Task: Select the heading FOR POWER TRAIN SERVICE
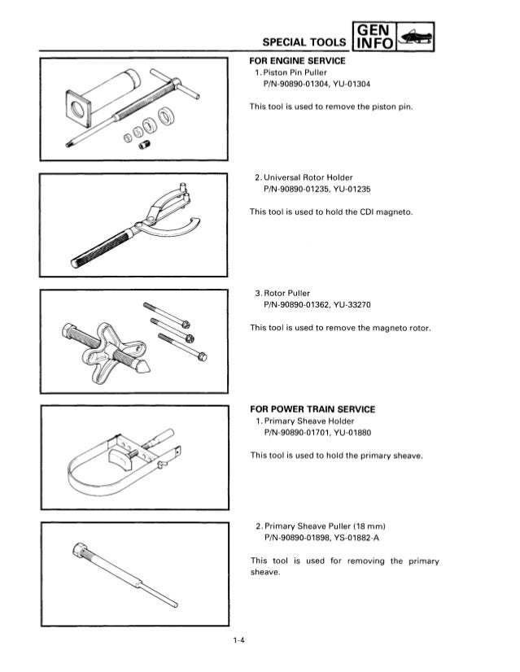tap(313, 408)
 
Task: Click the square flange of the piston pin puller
tap(80, 109)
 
